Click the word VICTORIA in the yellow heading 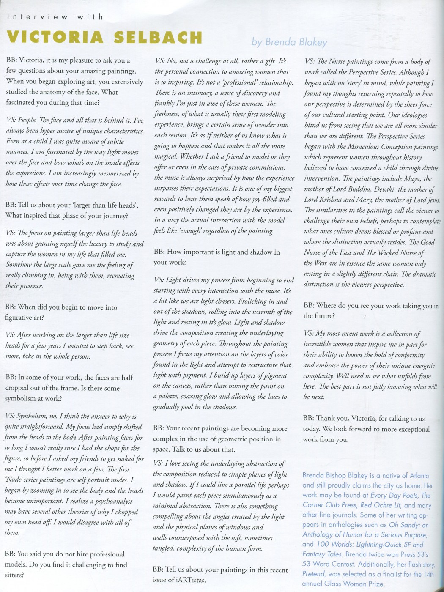tap(55, 38)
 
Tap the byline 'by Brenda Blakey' tap(289, 41)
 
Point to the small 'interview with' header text tap(55, 17)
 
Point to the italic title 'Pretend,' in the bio tap(314, 574)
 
